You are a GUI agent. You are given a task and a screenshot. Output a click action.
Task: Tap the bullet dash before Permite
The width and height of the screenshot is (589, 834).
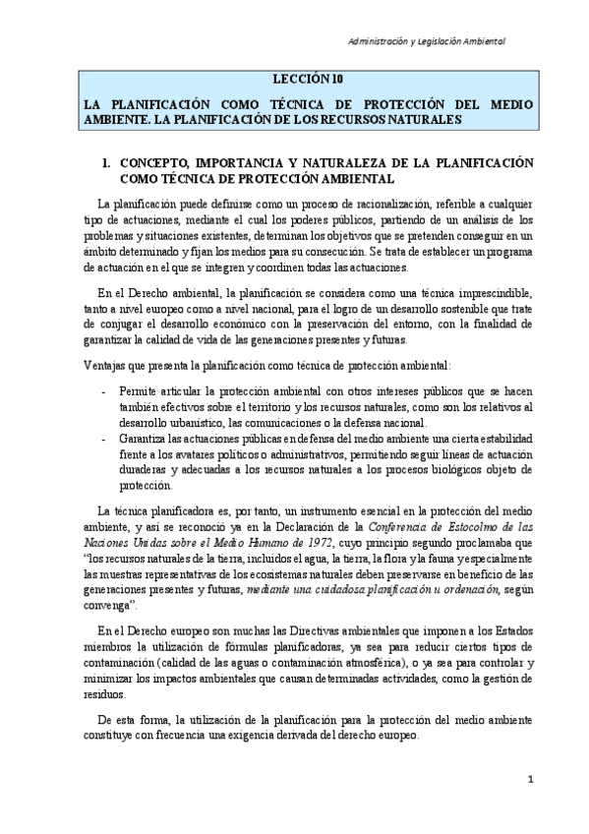pyautogui.click(x=105, y=392)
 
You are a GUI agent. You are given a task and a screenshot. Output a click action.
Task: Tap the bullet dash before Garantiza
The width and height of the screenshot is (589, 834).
pyautogui.click(x=105, y=439)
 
